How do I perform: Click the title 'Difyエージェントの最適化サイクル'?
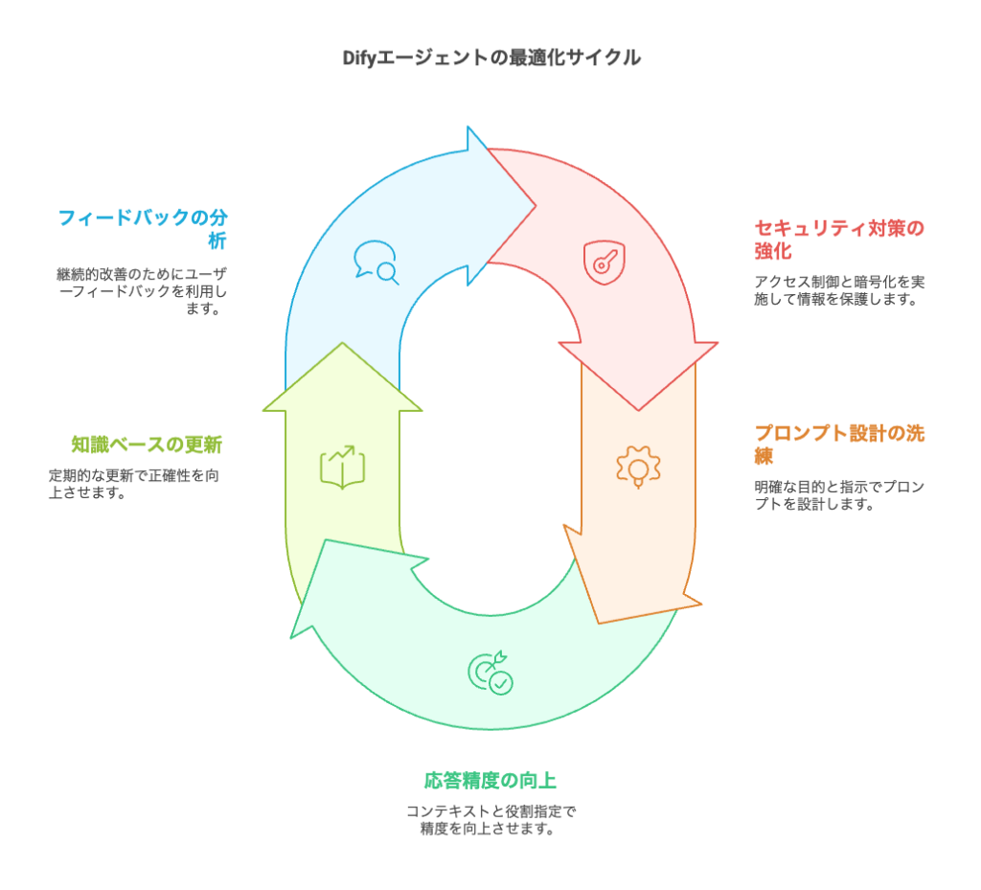tap(491, 57)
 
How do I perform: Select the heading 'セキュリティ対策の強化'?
tap(839, 240)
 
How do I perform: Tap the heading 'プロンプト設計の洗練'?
tap(839, 444)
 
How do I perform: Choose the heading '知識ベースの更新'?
tap(147, 445)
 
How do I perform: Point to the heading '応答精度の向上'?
tap(490, 780)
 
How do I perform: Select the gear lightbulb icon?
tap(637, 468)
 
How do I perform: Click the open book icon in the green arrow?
tap(343, 467)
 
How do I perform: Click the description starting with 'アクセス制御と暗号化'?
tap(839, 290)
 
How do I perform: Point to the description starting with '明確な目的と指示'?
tap(839, 495)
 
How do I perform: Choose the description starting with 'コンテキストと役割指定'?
tap(490, 820)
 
